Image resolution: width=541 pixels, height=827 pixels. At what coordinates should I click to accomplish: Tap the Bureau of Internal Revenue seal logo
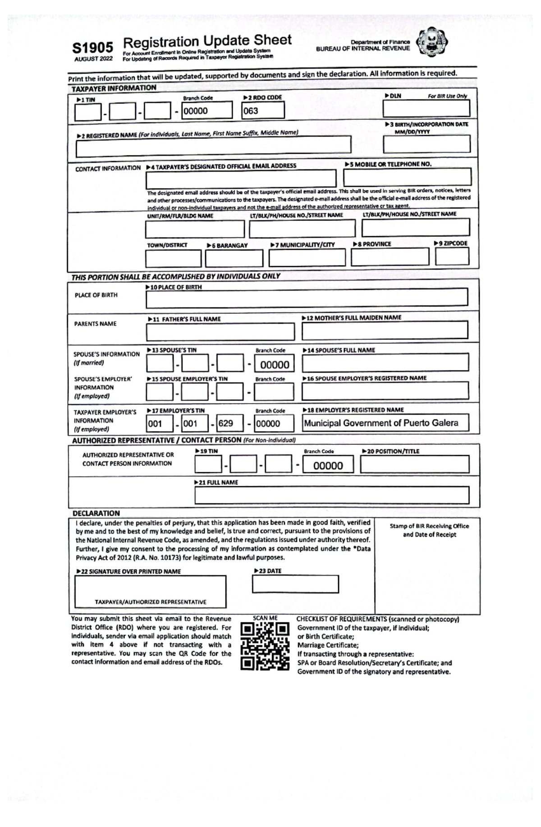[x=431, y=43]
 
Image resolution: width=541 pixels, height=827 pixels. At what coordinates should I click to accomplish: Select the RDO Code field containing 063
[x=263, y=110]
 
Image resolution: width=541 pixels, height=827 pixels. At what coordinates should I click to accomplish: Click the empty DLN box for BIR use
[x=426, y=109]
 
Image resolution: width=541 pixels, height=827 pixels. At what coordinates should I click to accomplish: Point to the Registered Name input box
[x=213, y=145]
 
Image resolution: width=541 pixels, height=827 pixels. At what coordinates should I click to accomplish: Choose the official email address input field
[x=241, y=178]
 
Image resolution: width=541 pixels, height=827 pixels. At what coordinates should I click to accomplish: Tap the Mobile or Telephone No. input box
[x=407, y=177]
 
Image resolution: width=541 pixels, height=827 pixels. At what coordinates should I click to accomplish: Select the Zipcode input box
[x=452, y=256]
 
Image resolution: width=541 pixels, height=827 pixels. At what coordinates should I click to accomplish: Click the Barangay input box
[x=234, y=258]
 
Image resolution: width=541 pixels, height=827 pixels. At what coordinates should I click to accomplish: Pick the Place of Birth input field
[x=307, y=297]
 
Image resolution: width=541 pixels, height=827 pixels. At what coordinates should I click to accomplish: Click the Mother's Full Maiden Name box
[x=385, y=331]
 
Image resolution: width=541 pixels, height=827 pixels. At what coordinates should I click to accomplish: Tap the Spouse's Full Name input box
[x=385, y=362]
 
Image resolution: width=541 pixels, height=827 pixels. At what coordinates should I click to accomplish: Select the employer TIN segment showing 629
[x=230, y=423]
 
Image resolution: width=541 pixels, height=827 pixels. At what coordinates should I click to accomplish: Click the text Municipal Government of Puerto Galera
[x=381, y=423]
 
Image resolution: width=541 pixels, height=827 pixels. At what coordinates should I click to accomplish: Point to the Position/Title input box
[x=414, y=464]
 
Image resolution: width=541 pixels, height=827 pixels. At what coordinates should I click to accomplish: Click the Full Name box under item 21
[x=331, y=495]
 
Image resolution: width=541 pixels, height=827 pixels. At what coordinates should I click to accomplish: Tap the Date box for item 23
[x=295, y=584]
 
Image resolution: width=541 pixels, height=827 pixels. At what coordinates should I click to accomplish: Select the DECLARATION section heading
[x=96, y=513]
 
